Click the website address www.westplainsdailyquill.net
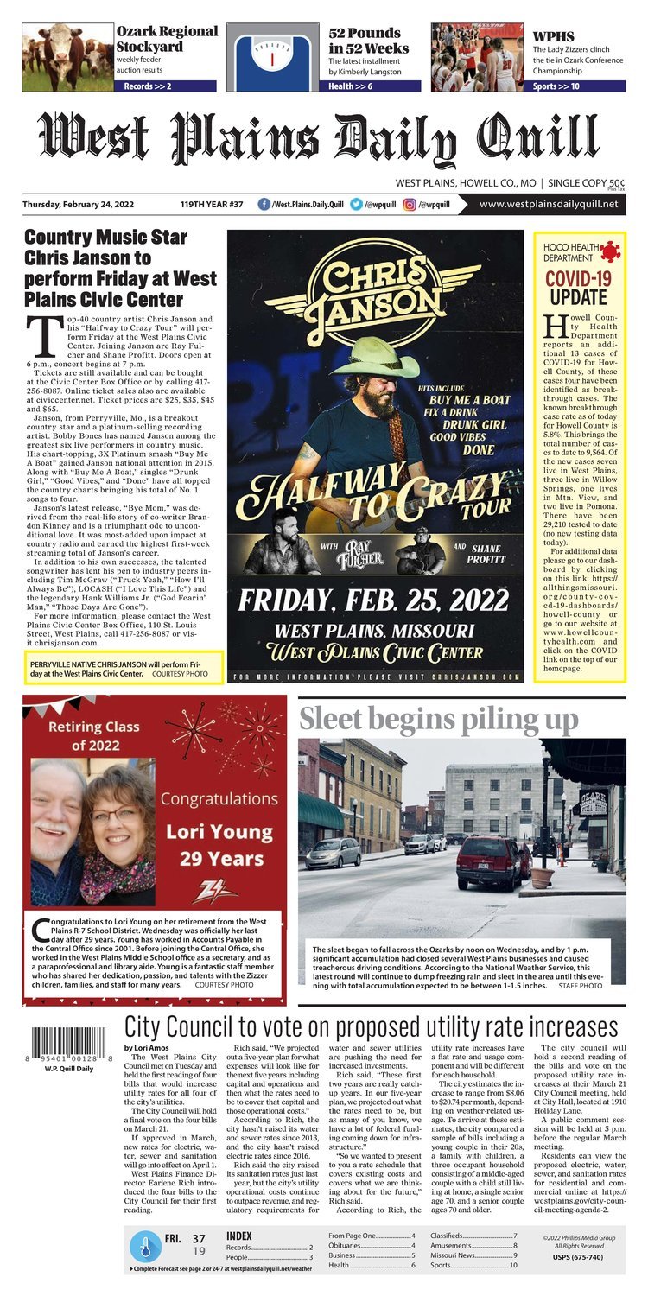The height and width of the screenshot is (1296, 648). point(549,205)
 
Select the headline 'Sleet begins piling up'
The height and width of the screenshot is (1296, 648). point(439,720)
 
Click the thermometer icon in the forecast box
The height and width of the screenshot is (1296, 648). point(145,1247)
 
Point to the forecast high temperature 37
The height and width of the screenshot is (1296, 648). point(199,1239)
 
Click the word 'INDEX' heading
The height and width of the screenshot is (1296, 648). point(239,1236)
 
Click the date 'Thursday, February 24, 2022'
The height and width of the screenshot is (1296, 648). point(83,205)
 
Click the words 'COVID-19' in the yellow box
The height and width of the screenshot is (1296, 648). point(579,278)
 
